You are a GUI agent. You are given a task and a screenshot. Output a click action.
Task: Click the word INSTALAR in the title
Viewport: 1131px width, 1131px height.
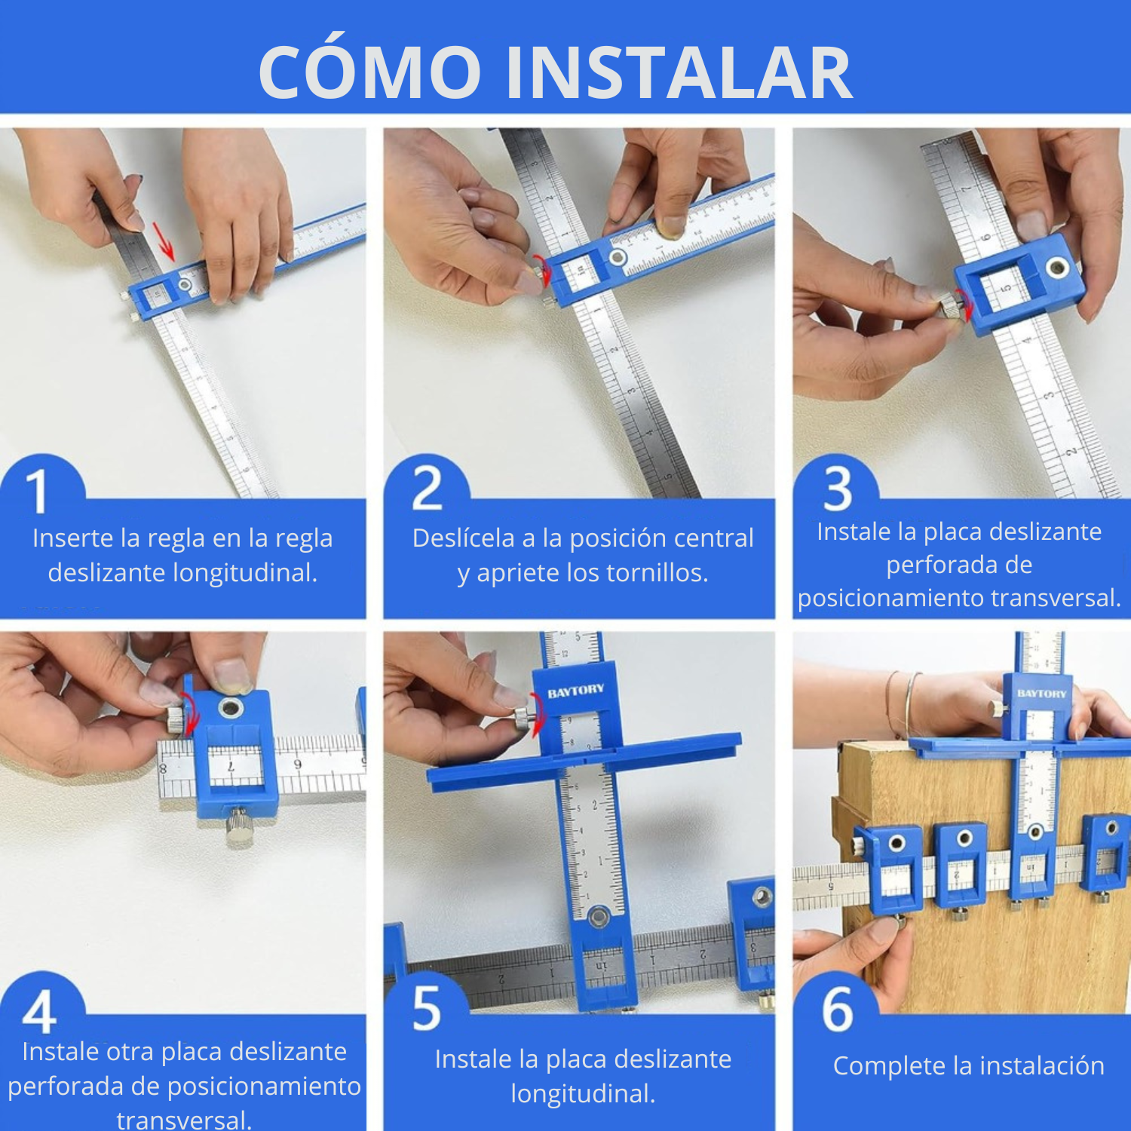679,73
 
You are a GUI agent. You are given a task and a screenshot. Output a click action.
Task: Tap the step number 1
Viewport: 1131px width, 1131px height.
37,491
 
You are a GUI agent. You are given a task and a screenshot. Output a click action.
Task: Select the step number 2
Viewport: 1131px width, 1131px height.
428,488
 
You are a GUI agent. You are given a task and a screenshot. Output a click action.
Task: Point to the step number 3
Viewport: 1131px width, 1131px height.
838,489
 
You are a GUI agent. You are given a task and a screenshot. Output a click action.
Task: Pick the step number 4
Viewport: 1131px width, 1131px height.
39,1012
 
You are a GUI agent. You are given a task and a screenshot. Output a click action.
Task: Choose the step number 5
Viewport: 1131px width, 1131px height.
427,1008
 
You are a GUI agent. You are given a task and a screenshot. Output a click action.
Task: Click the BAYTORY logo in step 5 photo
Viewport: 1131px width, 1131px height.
576,691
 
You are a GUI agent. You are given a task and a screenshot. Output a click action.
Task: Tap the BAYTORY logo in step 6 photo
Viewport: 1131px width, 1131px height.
1042,693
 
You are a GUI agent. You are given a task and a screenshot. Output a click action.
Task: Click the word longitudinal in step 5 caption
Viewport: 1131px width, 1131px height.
583,1093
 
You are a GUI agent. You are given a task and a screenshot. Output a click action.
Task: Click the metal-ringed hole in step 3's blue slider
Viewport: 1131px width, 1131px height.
1057,266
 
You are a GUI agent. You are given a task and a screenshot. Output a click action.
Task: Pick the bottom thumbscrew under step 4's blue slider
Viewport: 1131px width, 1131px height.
241,824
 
